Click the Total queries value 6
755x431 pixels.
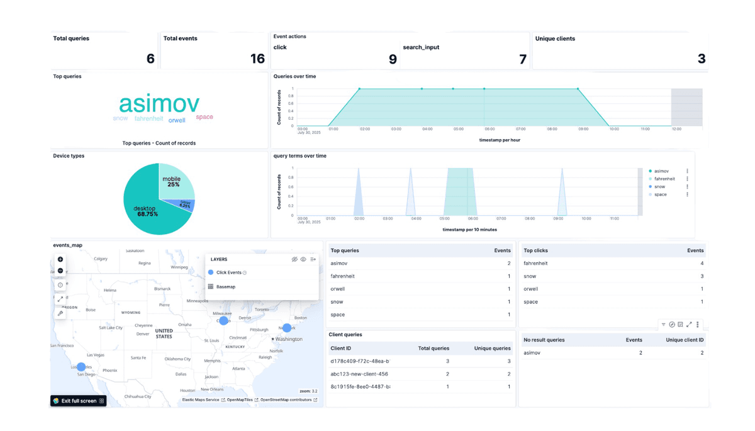(x=150, y=59)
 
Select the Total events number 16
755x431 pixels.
(x=257, y=59)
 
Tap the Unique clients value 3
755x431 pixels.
(x=701, y=59)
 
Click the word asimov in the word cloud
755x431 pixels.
(x=159, y=104)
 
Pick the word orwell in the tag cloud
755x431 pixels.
(x=177, y=120)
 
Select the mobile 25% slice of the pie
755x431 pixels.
(x=172, y=181)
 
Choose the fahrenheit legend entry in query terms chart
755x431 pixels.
(x=664, y=179)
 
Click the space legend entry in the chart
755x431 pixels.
(x=660, y=194)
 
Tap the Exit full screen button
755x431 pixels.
(x=79, y=401)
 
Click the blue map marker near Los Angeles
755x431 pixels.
(x=81, y=367)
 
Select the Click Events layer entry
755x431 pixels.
(x=228, y=272)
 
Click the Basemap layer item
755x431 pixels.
(x=225, y=287)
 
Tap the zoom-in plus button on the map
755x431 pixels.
(x=60, y=259)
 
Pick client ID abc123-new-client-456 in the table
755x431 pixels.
(x=360, y=374)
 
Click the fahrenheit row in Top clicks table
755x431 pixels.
(x=535, y=264)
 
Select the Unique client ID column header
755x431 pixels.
(x=685, y=340)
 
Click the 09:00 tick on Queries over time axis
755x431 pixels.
(x=583, y=129)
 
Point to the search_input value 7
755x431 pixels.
(x=522, y=59)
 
